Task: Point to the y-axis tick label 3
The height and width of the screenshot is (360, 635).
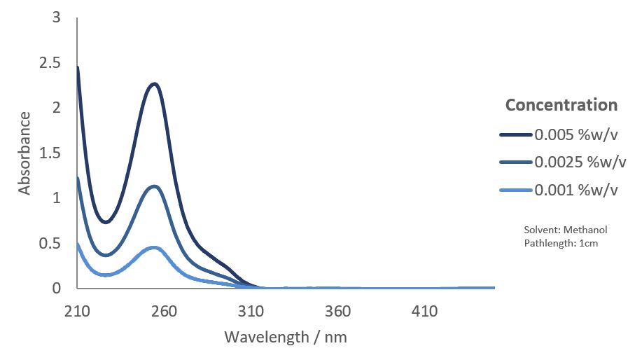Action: click(x=56, y=18)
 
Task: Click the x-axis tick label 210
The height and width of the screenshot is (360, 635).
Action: click(x=77, y=311)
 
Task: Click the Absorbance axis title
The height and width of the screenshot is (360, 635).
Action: click(x=25, y=153)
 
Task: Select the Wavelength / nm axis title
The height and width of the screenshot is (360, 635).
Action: click(x=286, y=337)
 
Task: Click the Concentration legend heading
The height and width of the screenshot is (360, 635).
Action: click(x=561, y=105)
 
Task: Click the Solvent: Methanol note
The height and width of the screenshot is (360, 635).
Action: click(x=566, y=230)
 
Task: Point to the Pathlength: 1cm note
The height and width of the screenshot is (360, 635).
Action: click(x=561, y=243)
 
